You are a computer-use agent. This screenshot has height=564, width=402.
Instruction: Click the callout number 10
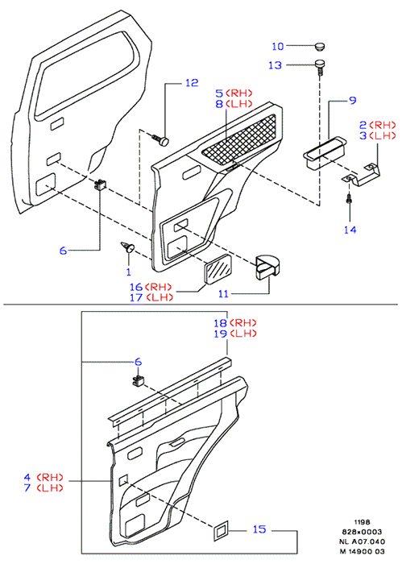278,46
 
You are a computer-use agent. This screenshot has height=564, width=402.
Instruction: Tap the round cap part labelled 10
320,46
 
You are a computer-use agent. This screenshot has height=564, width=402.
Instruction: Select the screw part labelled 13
320,67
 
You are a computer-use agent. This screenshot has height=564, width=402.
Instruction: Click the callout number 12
192,83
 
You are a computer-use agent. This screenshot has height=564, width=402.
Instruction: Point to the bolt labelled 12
161,140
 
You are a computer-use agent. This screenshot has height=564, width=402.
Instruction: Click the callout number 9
353,100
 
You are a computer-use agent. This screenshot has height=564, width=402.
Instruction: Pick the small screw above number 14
349,198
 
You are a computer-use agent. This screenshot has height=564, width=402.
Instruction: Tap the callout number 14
350,230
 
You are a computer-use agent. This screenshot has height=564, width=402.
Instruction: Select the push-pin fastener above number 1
127,247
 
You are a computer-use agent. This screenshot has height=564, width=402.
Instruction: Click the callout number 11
223,294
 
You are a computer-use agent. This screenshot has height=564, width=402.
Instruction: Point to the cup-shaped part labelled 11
268,267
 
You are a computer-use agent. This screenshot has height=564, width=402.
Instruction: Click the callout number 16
136,287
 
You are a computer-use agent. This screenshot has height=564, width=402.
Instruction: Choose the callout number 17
136,297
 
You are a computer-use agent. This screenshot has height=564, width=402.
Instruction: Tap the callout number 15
259,529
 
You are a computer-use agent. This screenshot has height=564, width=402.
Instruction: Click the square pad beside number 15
221,530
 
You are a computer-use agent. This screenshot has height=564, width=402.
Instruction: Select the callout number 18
221,322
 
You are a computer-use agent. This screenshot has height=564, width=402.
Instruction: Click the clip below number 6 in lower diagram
138,380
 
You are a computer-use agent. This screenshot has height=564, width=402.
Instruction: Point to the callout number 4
27,477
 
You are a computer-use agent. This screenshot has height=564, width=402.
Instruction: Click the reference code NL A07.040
362,541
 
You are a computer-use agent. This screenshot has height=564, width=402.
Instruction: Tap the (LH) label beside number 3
383,136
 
